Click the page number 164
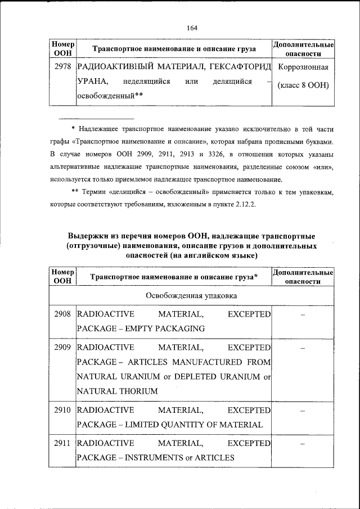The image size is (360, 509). click(191, 28)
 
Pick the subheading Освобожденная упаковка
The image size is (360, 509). click(191, 295)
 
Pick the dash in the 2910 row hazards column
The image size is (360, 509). click(303, 411)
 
